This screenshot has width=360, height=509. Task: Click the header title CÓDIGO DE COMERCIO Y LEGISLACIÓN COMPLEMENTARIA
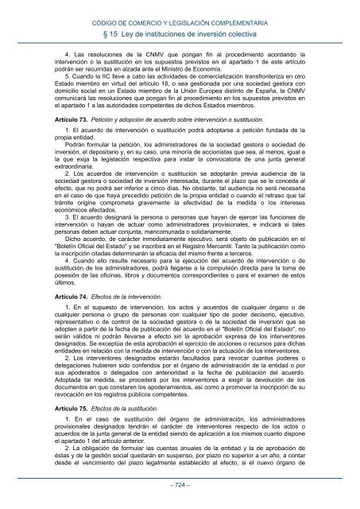[x=180, y=9]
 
